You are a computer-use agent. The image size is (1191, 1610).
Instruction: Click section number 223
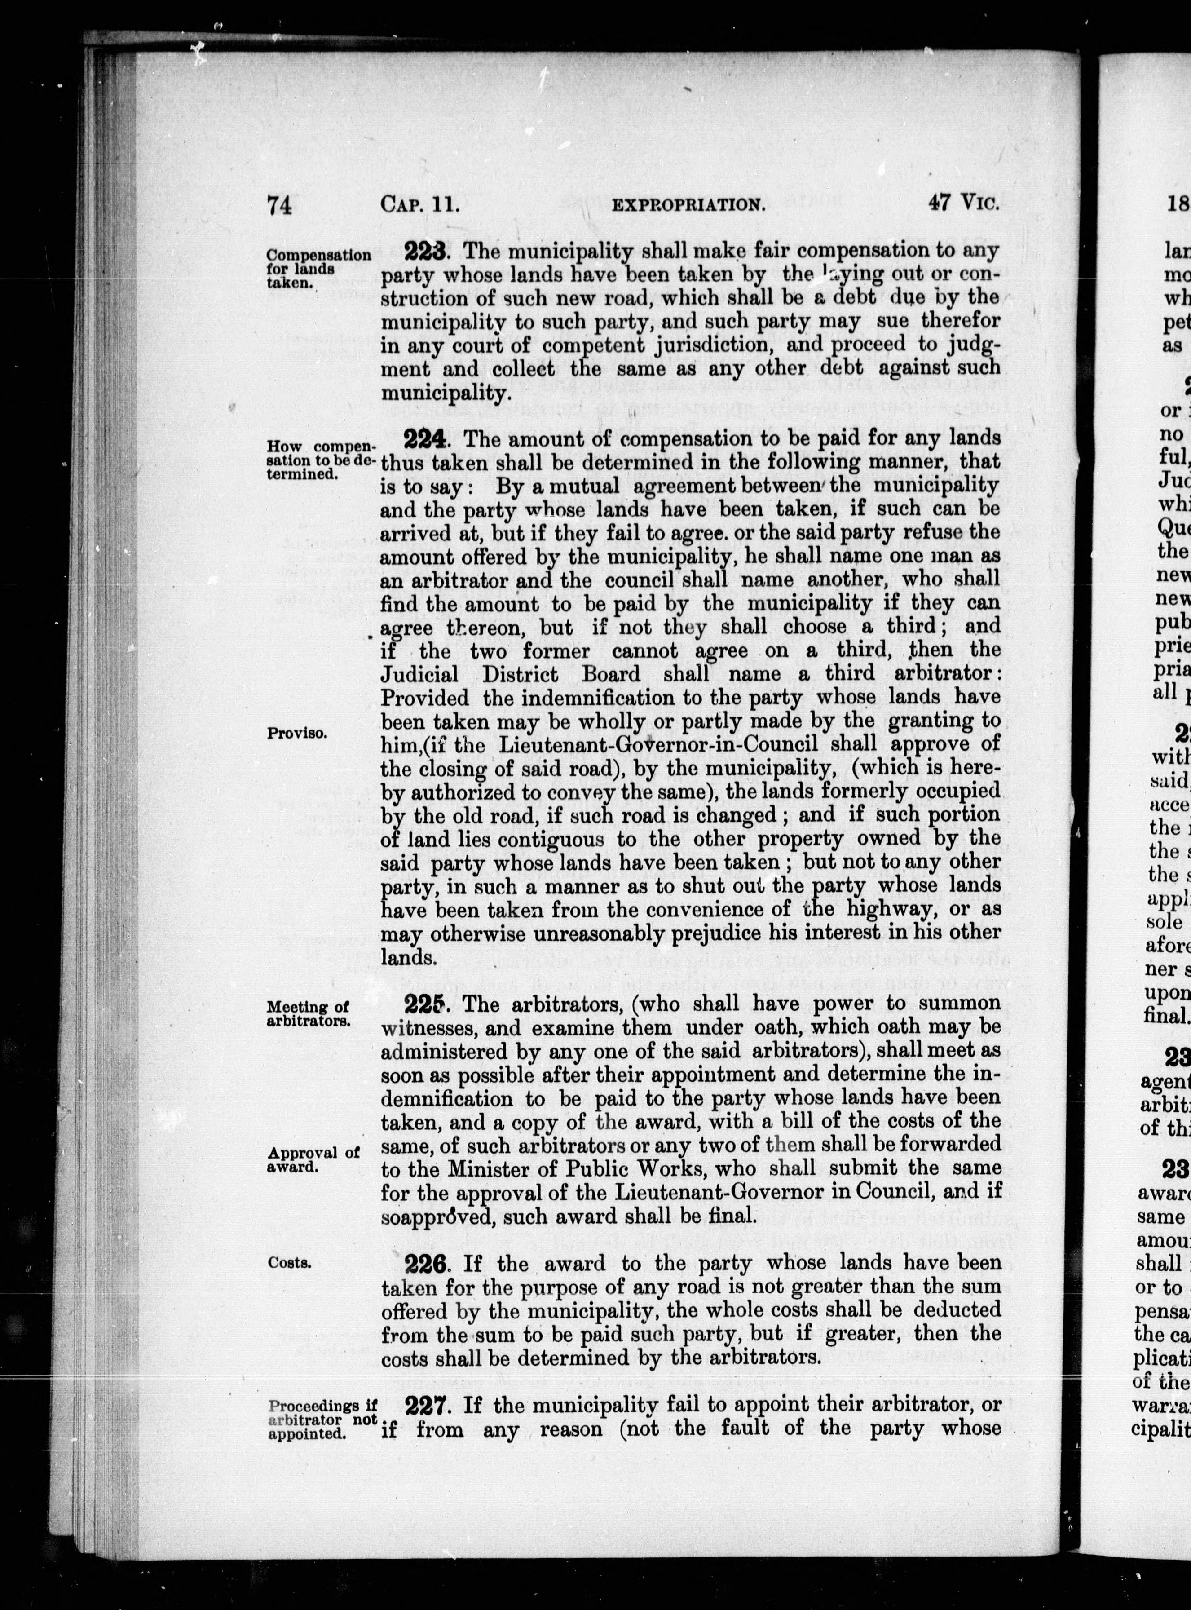coord(427,251)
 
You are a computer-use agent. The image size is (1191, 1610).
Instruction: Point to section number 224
coord(427,438)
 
